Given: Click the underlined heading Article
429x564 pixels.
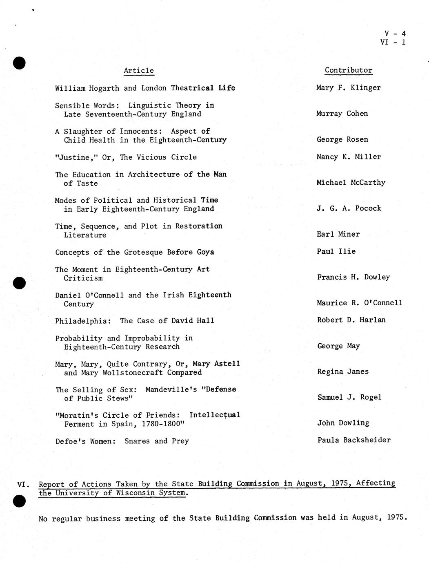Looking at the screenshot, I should click(x=139, y=71).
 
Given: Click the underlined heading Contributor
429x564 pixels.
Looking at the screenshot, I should click(x=349, y=70).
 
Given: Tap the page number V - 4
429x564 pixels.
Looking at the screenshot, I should click(x=395, y=34).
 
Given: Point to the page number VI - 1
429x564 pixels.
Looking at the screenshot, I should click(x=393, y=42).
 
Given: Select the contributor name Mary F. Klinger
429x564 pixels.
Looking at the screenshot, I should click(x=348, y=88).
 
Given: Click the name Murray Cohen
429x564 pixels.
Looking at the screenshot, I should click(x=342, y=114).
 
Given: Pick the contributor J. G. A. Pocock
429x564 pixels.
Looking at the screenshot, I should click(x=349, y=208).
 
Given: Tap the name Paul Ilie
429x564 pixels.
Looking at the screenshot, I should click(x=336, y=251).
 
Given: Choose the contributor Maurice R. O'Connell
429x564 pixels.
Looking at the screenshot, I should click(x=360, y=303).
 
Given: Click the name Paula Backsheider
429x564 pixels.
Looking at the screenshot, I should click(x=354, y=440).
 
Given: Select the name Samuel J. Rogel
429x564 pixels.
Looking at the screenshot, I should click(x=349, y=397).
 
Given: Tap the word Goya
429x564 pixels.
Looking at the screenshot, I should click(x=205, y=252).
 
